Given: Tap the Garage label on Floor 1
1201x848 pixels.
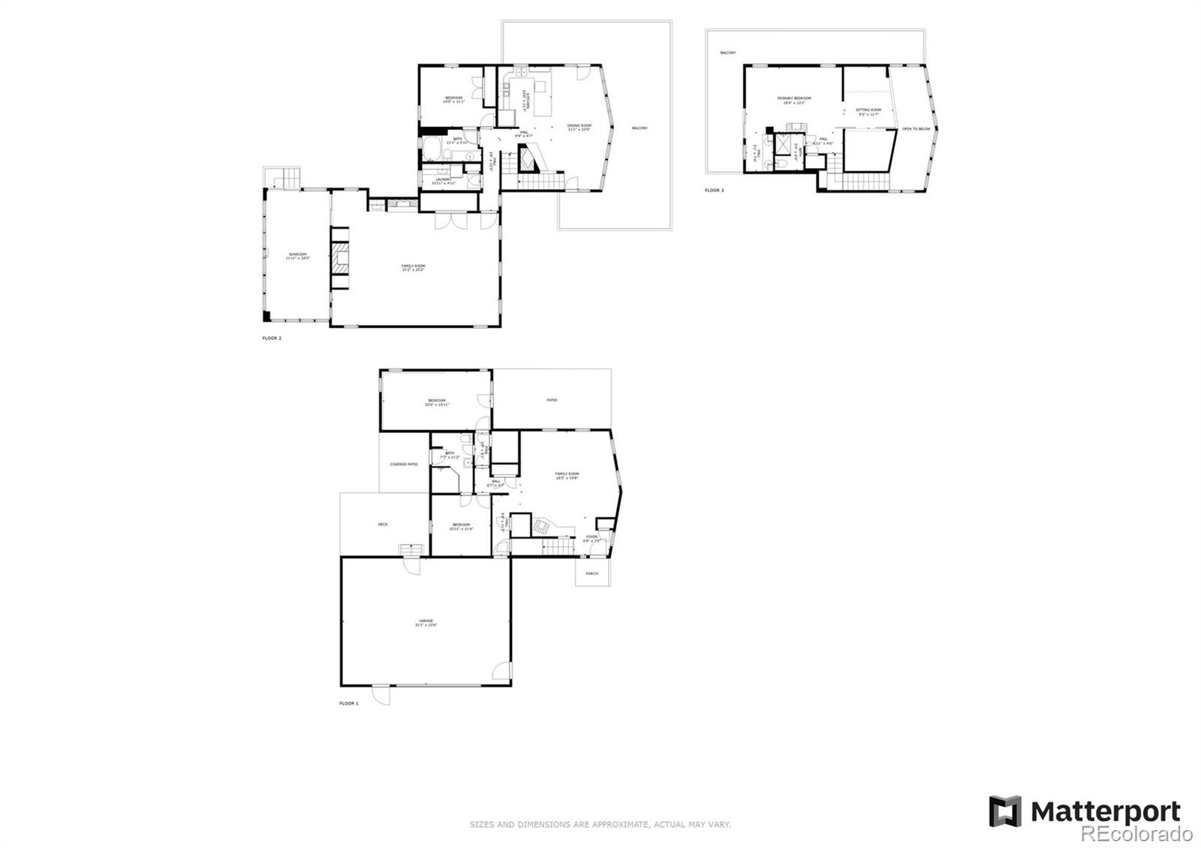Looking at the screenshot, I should [426, 621].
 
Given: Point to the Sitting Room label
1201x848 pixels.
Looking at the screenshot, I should [868, 110].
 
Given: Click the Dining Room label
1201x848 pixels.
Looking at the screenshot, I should [579, 126].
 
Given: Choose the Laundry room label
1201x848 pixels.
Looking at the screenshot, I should [444, 179].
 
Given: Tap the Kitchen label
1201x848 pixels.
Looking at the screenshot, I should [527, 98].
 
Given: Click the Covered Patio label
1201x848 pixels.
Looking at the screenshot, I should [404, 465].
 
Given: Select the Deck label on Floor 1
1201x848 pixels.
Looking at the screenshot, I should [383, 524].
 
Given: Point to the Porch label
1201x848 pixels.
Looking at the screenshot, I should [592, 574].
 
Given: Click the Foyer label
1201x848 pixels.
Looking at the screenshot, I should [592, 537].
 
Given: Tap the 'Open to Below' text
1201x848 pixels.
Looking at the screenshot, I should [916, 129].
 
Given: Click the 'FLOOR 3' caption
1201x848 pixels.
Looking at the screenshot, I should [715, 191].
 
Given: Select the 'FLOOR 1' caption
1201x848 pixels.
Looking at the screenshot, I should [349, 703].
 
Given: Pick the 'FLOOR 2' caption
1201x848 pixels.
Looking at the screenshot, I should [272, 338].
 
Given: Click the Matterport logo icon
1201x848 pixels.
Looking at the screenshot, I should [1005, 811].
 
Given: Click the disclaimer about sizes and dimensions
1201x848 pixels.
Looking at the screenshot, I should [600, 824].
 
